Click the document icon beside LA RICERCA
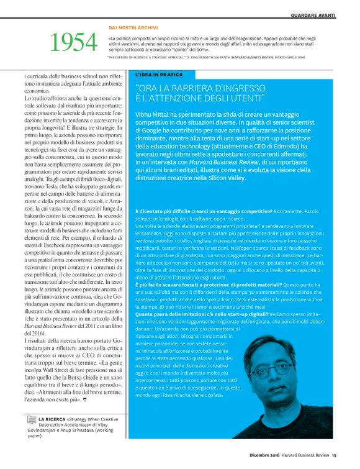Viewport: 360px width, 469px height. (x=31, y=421)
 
